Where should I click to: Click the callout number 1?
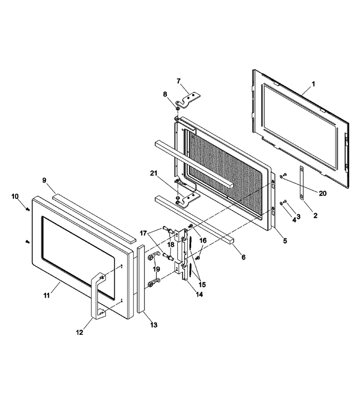(313, 84)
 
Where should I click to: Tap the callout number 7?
(179, 81)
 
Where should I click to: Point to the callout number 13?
(153, 324)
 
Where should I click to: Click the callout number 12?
(80, 333)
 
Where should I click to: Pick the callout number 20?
(323, 193)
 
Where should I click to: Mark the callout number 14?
(199, 294)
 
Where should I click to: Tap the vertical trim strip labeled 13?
(141, 279)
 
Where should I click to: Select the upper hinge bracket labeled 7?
(190, 99)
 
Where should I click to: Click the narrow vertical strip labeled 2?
(301, 183)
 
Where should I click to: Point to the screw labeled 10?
(27, 209)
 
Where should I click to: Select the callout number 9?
(44, 180)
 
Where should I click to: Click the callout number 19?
(156, 269)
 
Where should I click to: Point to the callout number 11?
(46, 295)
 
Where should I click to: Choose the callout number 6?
(243, 257)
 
